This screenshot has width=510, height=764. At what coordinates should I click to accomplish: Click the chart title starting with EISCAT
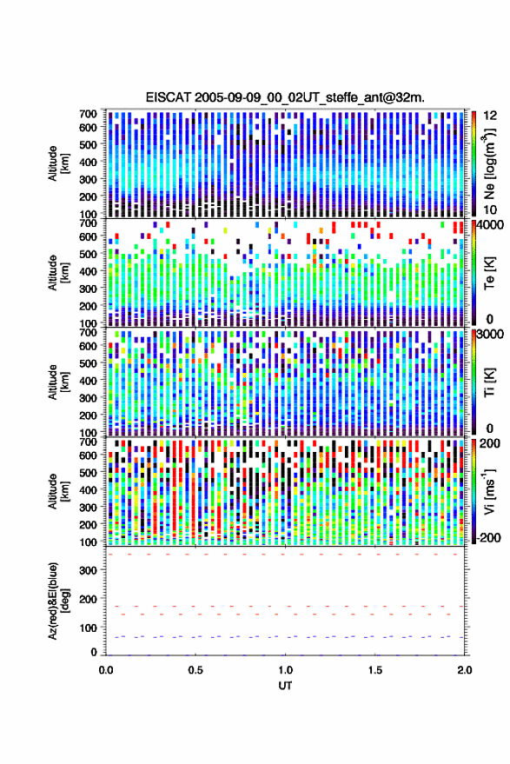coord(285,97)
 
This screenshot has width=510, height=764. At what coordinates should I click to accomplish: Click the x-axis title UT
coord(285,686)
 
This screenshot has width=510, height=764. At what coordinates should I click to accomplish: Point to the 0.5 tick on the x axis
coord(195,670)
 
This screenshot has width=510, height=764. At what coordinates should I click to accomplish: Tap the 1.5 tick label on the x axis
coord(375,670)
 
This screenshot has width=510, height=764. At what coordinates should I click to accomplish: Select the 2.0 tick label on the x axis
coord(464,670)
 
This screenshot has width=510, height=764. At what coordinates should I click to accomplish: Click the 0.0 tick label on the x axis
coord(106,670)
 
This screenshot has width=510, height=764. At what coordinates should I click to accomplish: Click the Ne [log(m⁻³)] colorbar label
coord(489,163)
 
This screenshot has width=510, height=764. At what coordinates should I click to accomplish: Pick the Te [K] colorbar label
coord(489,273)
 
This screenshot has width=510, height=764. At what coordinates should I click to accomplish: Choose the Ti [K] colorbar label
coord(489,382)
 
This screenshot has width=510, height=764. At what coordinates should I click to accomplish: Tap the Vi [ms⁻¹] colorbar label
coord(489,491)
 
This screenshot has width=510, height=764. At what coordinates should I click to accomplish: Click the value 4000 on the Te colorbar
coord(491,226)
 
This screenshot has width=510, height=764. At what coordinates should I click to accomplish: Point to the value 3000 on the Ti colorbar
coord(491,335)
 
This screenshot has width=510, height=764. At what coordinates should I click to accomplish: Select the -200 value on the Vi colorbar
coord(489,538)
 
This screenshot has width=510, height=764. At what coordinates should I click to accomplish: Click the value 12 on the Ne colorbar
coord(491,116)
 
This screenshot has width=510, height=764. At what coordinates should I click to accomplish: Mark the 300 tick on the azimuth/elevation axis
coord(88,570)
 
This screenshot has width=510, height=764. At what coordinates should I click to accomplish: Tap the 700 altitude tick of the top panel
coord(88,114)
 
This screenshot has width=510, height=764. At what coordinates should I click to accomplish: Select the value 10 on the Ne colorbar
coord(491,210)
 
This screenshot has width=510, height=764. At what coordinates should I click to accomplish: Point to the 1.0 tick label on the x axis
coord(286,670)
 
